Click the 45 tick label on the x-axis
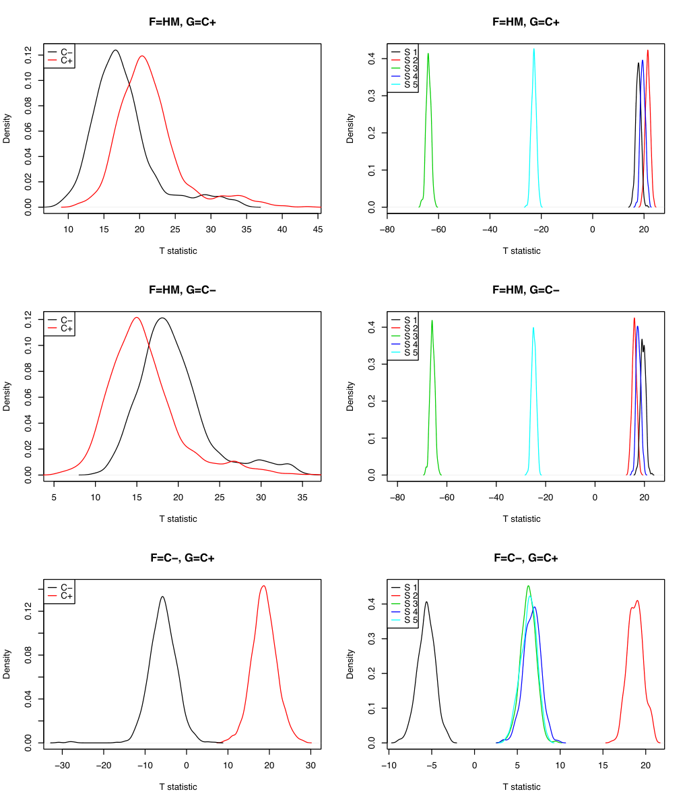(318, 229)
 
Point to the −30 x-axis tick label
(62, 765)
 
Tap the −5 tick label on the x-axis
(432, 765)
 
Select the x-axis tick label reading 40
(282, 229)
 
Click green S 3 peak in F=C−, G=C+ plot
(528, 586)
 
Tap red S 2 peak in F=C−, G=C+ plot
(637, 601)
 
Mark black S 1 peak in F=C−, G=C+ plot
(426, 603)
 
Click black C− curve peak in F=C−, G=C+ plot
(162, 597)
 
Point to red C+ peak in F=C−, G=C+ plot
(264, 586)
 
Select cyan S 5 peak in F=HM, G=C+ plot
(533, 49)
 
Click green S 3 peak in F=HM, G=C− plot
(432, 321)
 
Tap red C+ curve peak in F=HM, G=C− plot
(137, 317)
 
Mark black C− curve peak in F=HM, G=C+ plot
(115, 51)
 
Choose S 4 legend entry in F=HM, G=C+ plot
(405, 76)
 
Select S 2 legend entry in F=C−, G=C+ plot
(405, 595)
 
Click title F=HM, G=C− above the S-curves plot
(526, 290)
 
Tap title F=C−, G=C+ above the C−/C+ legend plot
(182, 558)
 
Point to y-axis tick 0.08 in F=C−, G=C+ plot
(28, 655)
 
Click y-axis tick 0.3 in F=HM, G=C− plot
(372, 364)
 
